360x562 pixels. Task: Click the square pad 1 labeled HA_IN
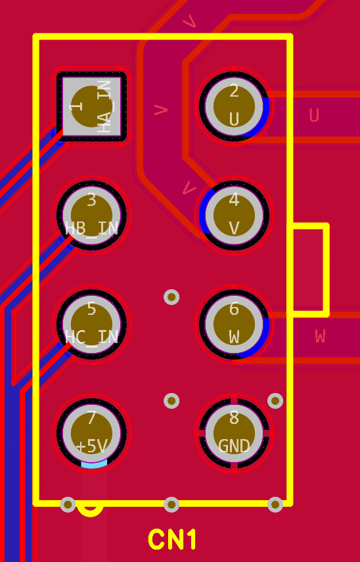click(91, 106)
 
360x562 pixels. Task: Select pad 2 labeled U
click(234, 106)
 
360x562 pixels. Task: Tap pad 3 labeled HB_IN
click(91, 215)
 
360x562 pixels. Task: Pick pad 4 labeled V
click(234, 215)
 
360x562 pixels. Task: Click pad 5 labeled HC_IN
click(91, 323)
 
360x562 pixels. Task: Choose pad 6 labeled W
click(234, 323)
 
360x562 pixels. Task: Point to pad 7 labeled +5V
click(91, 433)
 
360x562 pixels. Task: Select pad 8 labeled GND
click(234, 433)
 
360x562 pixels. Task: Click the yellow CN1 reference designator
click(172, 540)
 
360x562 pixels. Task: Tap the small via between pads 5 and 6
click(171, 297)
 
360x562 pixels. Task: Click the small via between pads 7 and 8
click(171, 401)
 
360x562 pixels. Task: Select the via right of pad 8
click(275, 401)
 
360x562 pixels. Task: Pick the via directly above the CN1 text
click(171, 505)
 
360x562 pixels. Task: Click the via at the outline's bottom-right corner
click(275, 505)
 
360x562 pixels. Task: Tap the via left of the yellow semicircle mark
click(68, 505)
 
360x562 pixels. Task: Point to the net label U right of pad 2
click(314, 115)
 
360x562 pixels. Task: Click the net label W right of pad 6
click(320, 336)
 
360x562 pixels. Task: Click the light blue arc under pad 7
click(94, 465)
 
